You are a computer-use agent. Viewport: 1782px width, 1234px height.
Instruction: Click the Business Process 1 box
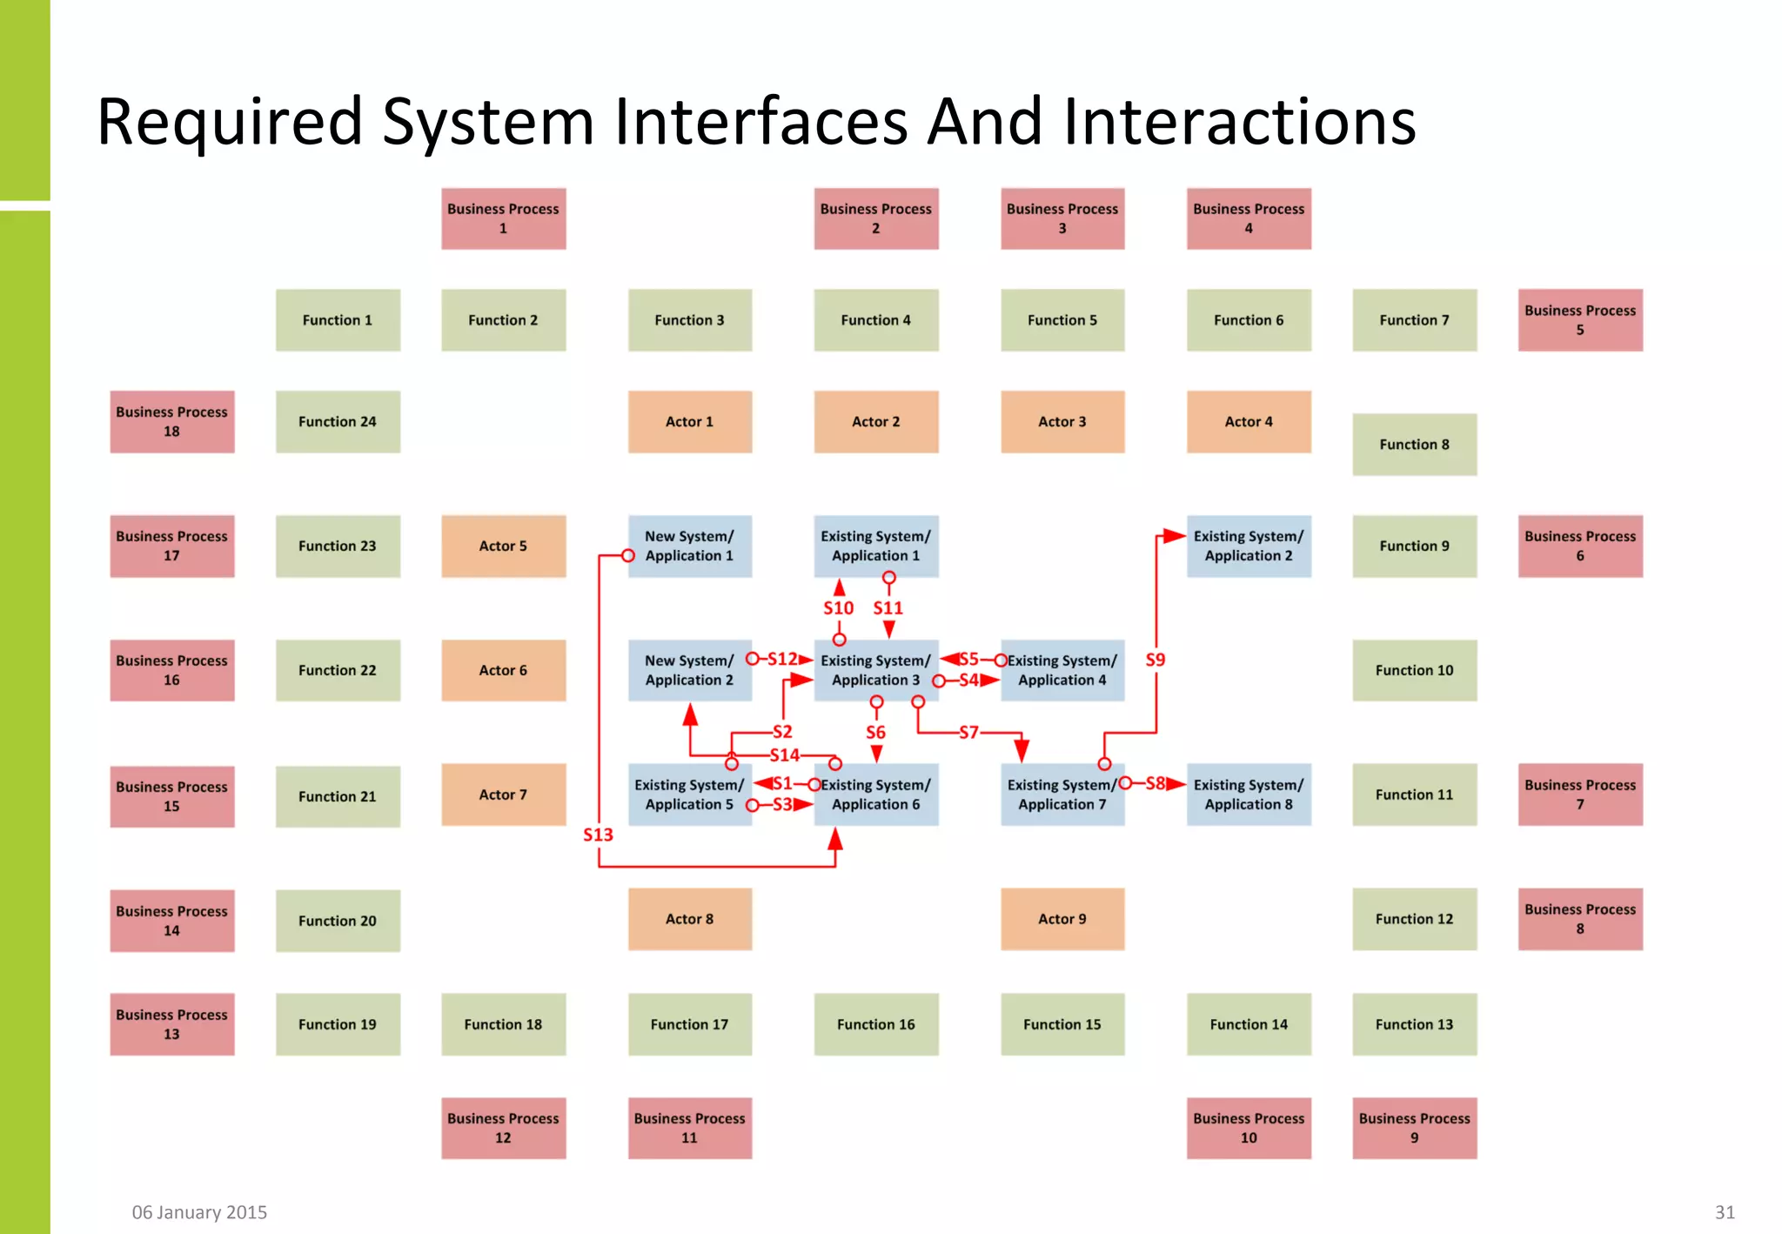(x=503, y=218)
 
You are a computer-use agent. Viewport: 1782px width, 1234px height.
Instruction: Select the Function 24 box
(x=338, y=421)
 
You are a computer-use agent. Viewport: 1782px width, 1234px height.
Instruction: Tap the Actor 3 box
(x=1062, y=421)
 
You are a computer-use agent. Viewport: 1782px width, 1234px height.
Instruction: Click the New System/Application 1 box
(x=689, y=546)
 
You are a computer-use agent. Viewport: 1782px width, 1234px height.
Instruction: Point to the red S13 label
(x=598, y=835)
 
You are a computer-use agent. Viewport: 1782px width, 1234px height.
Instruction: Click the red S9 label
(x=1155, y=660)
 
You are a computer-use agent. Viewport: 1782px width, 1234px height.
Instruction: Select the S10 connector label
(x=838, y=608)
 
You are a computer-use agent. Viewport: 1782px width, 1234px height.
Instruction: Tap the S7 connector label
(x=968, y=733)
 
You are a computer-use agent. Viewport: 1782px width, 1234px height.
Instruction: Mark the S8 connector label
(x=1155, y=783)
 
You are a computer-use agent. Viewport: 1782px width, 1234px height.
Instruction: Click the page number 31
(x=1725, y=1212)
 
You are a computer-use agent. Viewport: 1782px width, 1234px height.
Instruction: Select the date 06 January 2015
(x=199, y=1212)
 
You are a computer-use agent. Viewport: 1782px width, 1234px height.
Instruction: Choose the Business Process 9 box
(x=1414, y=1128)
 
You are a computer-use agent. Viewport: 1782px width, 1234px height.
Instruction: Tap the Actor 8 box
(x=689, y=919)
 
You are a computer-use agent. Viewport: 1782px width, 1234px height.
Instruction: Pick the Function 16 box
(x=875, y=1024)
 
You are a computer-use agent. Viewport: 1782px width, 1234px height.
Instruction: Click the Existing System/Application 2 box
(x=1248, y=546)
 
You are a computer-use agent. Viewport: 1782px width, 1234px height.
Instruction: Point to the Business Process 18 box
(x=171, y=421)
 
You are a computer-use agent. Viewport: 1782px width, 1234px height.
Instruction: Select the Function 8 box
(x=1414, y=444)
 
